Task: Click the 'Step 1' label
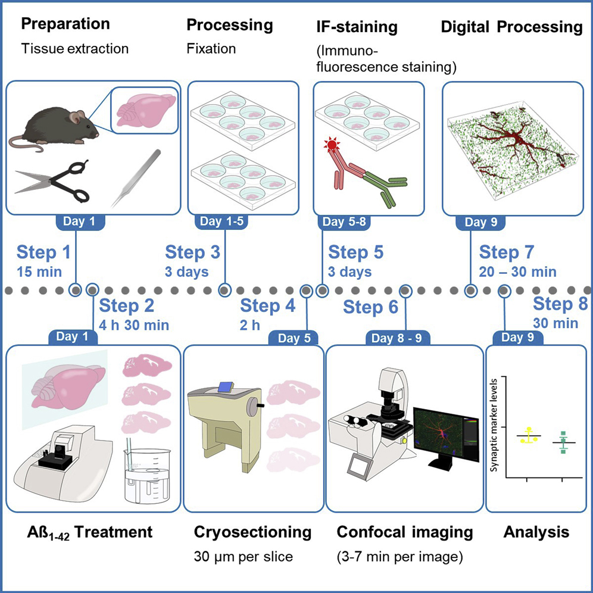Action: [x=43, y=252]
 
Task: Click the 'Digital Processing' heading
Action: [x=511, y=27]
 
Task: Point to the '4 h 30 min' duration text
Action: [x=134, y=325]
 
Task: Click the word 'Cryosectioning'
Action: [x=253, y=532]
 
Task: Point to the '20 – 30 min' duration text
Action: [x=518, y=272]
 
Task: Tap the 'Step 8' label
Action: [x=560, y=303]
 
